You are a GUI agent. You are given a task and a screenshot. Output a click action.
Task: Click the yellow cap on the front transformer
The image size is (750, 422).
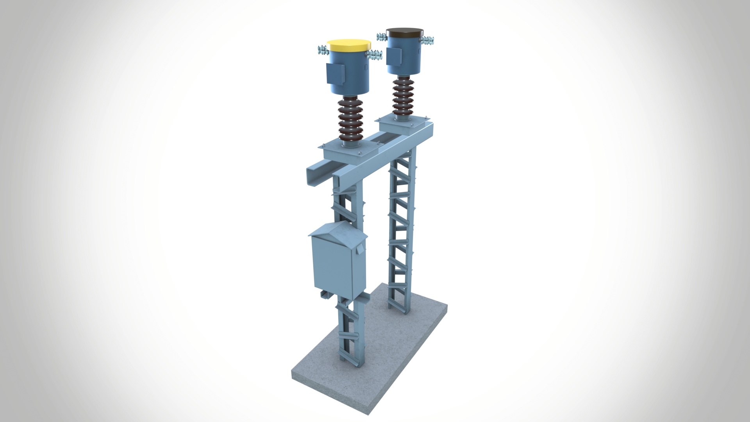pos(348,45)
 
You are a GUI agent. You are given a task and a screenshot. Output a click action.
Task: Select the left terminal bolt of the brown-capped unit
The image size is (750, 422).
pos(381,37)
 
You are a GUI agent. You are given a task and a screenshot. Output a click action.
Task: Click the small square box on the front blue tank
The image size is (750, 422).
pos(335,73)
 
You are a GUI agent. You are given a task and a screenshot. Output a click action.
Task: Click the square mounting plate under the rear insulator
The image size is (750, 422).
pos(402,124)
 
